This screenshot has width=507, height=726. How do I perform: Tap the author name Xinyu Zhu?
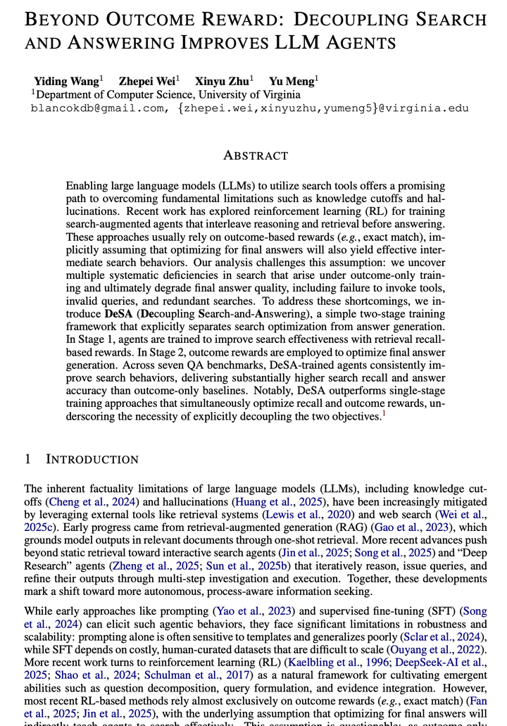(x=223, y=81)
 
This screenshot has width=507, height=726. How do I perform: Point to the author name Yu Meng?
(x=292, y=81)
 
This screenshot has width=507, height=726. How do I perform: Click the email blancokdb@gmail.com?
(x=96, y=108)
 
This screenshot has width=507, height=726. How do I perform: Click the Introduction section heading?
(x=92, y=459)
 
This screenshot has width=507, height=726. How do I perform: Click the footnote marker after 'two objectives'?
(x=384, y=413)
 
